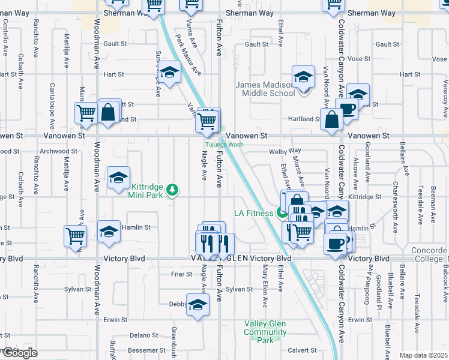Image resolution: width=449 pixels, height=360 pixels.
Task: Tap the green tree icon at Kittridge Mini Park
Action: (x=173, y=190)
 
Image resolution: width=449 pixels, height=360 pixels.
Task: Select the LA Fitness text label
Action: (x=253, y=213)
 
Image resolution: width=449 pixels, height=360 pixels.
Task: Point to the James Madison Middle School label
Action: (x=265, y=89)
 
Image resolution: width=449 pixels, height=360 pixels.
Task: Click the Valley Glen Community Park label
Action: (x=265, y=332)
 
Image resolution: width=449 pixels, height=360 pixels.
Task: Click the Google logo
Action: (x=19, y=353)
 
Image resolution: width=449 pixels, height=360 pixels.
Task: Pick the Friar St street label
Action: (x=180, y=274)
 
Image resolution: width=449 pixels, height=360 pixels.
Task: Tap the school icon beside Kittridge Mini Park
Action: (x=119, y=178)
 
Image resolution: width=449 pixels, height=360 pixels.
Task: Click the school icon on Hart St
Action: (x=170, y=73)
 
